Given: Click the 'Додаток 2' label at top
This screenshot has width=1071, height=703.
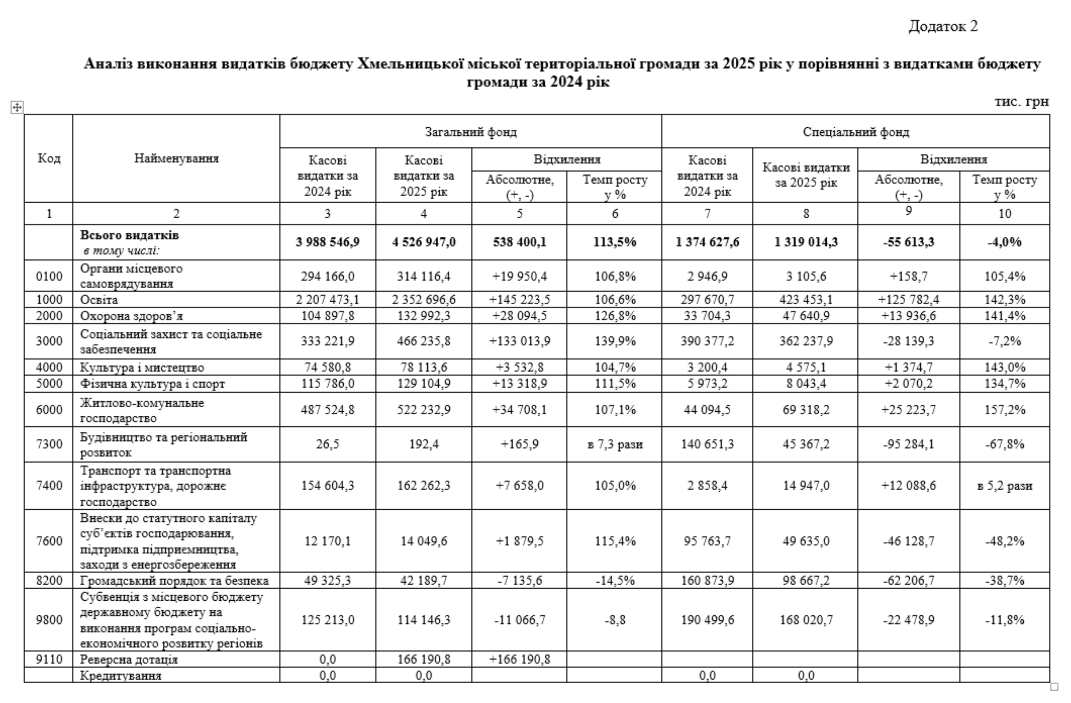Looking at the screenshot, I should point(943,26).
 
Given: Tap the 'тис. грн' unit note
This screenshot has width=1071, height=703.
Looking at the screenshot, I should point(1021,102).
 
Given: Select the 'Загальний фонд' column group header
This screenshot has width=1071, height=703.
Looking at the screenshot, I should point(471,132).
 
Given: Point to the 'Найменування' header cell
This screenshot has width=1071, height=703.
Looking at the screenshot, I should point(176,159).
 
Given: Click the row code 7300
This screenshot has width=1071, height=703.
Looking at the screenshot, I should point(49,444).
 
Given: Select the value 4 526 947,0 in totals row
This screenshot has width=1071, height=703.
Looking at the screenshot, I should point(424,242).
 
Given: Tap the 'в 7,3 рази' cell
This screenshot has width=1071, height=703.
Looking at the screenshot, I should point(615,445).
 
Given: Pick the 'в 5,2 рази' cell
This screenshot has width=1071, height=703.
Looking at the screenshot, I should point(1004,486).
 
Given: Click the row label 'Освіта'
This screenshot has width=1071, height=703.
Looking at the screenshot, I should point(99,300).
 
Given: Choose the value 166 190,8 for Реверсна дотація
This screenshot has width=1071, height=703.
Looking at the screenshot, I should point(424,659).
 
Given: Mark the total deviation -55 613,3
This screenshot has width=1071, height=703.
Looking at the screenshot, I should point(908,242).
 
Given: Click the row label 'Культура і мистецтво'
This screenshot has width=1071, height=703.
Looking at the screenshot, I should point(142,368).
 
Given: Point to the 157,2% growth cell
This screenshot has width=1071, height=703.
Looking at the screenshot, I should point(1004,410).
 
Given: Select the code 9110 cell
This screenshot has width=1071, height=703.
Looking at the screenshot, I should point(49,659).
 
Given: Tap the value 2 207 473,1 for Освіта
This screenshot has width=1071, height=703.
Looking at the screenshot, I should point(327,300).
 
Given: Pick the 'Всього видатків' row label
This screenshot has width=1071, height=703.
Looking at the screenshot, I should point(129,235).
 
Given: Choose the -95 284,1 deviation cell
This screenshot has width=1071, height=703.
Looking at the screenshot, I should point(908,445).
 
